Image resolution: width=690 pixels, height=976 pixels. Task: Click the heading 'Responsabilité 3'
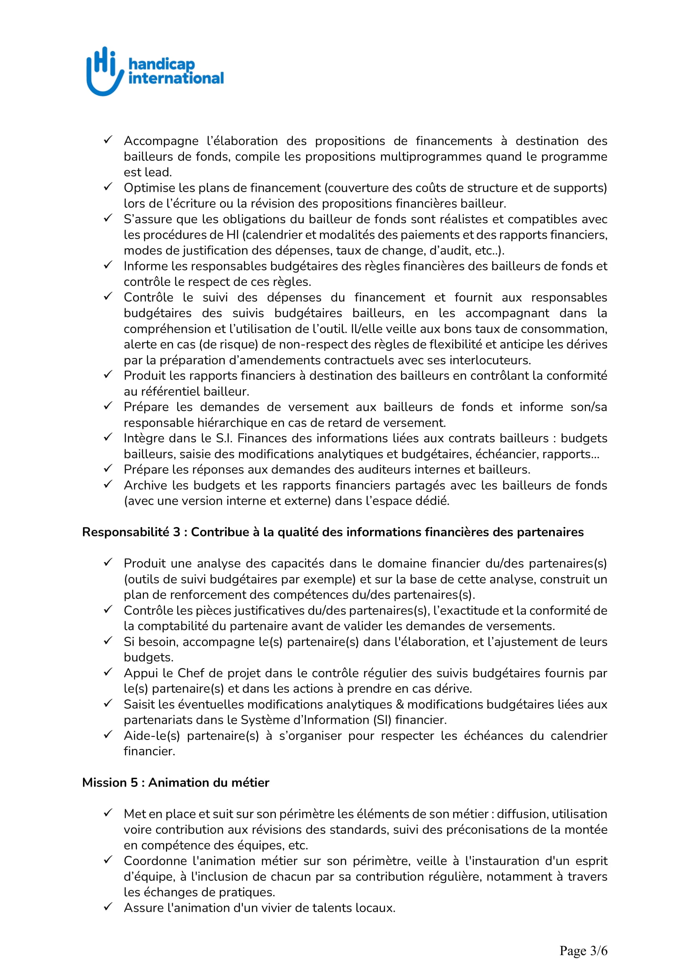(131, 532)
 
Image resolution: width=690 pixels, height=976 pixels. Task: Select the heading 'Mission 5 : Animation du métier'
(176, 782)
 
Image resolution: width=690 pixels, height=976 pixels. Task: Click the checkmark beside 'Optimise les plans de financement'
(108, 187)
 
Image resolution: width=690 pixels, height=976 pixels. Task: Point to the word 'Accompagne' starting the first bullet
(161, 141)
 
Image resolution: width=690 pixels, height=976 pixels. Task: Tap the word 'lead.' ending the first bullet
(159, 172)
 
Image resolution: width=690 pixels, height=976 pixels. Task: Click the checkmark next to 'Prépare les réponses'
(108, 468)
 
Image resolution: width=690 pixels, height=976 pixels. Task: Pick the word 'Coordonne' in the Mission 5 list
(155, 861)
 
